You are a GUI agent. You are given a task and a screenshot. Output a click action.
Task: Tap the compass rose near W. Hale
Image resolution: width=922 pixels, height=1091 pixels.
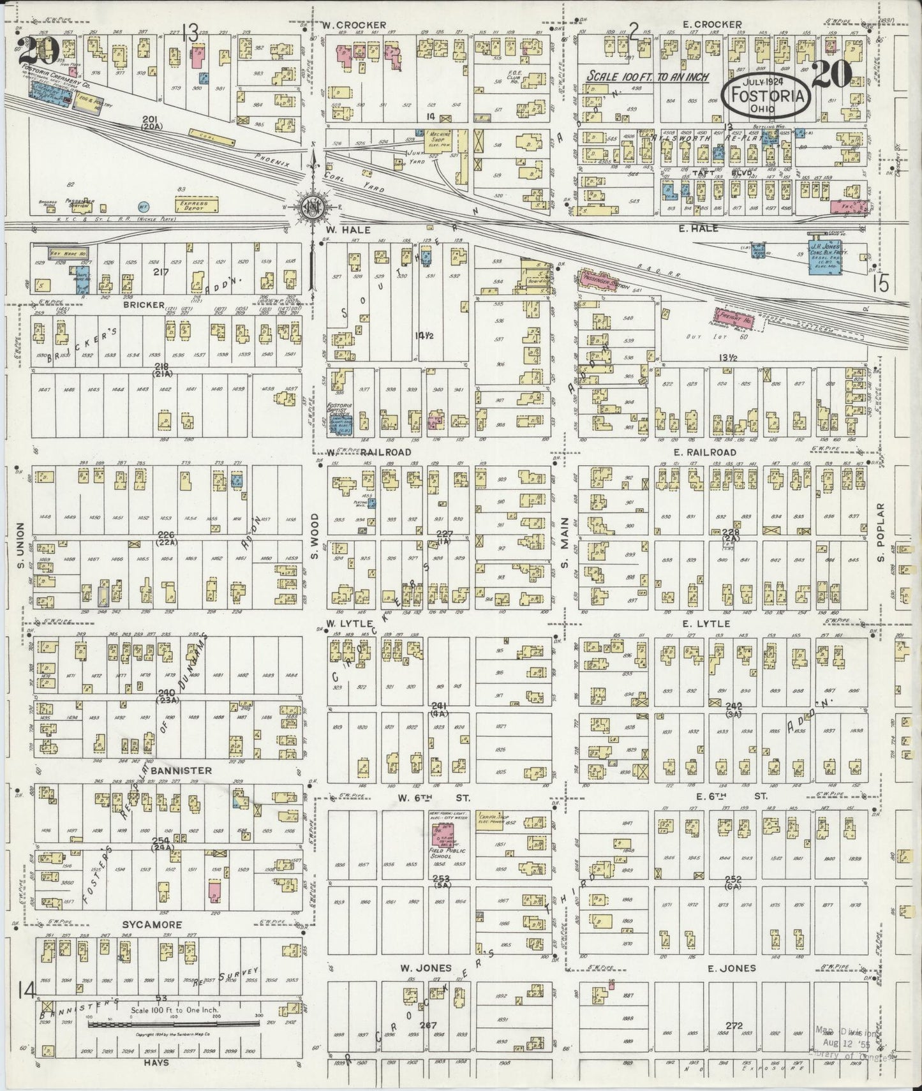311,207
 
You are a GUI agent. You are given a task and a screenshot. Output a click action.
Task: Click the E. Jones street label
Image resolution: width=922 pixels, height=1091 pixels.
731,968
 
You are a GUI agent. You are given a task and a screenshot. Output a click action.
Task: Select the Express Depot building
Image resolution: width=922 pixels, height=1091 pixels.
197,204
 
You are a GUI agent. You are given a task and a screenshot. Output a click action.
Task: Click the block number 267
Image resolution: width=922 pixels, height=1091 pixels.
428,1026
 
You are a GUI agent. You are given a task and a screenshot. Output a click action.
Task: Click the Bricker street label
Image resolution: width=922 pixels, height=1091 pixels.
145,304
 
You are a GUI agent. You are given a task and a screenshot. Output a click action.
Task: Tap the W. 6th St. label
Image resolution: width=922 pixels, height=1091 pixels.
434,798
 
